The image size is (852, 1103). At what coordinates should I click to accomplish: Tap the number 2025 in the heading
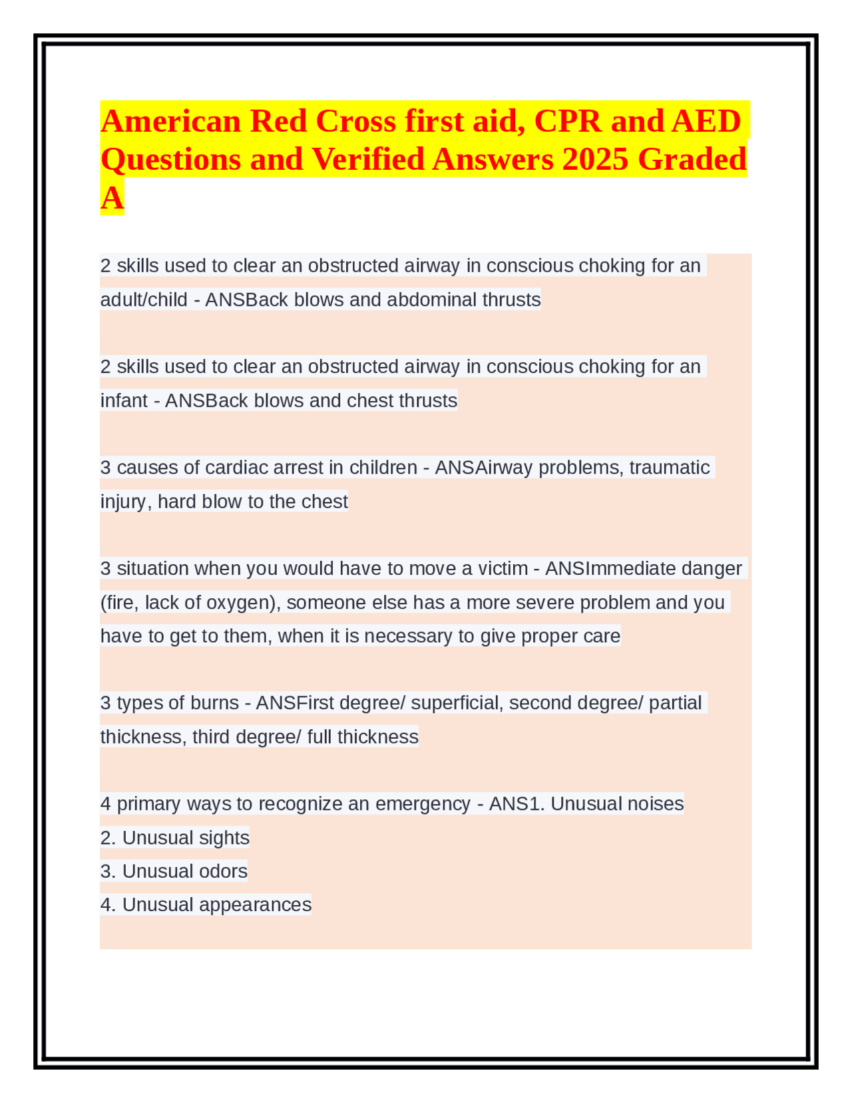(x=594, y=159)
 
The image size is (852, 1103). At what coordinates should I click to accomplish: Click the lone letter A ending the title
(x=112, y=198)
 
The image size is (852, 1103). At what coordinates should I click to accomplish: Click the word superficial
(x=455, y=703)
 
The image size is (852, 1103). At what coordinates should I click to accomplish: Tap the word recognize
(x=299, y=804)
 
